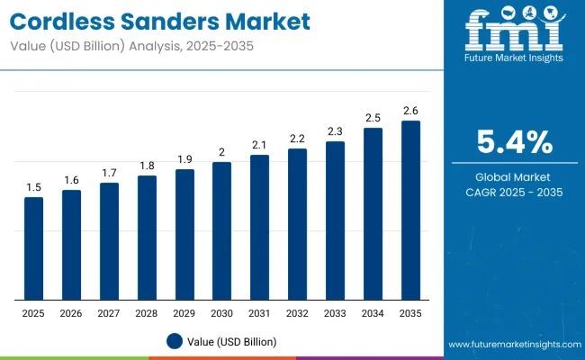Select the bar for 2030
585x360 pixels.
(x=221, y=231)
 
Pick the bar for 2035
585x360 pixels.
(x=410, y=211)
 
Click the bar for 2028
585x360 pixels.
(x=147, y=238)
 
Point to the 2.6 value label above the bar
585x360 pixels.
(x=410, y=111)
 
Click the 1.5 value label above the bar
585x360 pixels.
(x=33, y=187)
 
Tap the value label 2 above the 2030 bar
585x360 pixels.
(x=221, y=152)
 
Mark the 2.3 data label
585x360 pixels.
(x=335, y=131)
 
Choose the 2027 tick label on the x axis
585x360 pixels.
(x=109, y=313)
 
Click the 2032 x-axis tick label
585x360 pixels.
(x=297, y=313)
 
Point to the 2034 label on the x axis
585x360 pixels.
(x=373, y=313)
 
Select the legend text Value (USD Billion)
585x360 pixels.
(x=233, y=341)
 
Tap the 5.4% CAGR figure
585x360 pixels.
(x=515, y=142)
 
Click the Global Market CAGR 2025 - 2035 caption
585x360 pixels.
(x=515, y=184)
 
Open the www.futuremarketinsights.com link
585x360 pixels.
(x=512, y=345)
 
